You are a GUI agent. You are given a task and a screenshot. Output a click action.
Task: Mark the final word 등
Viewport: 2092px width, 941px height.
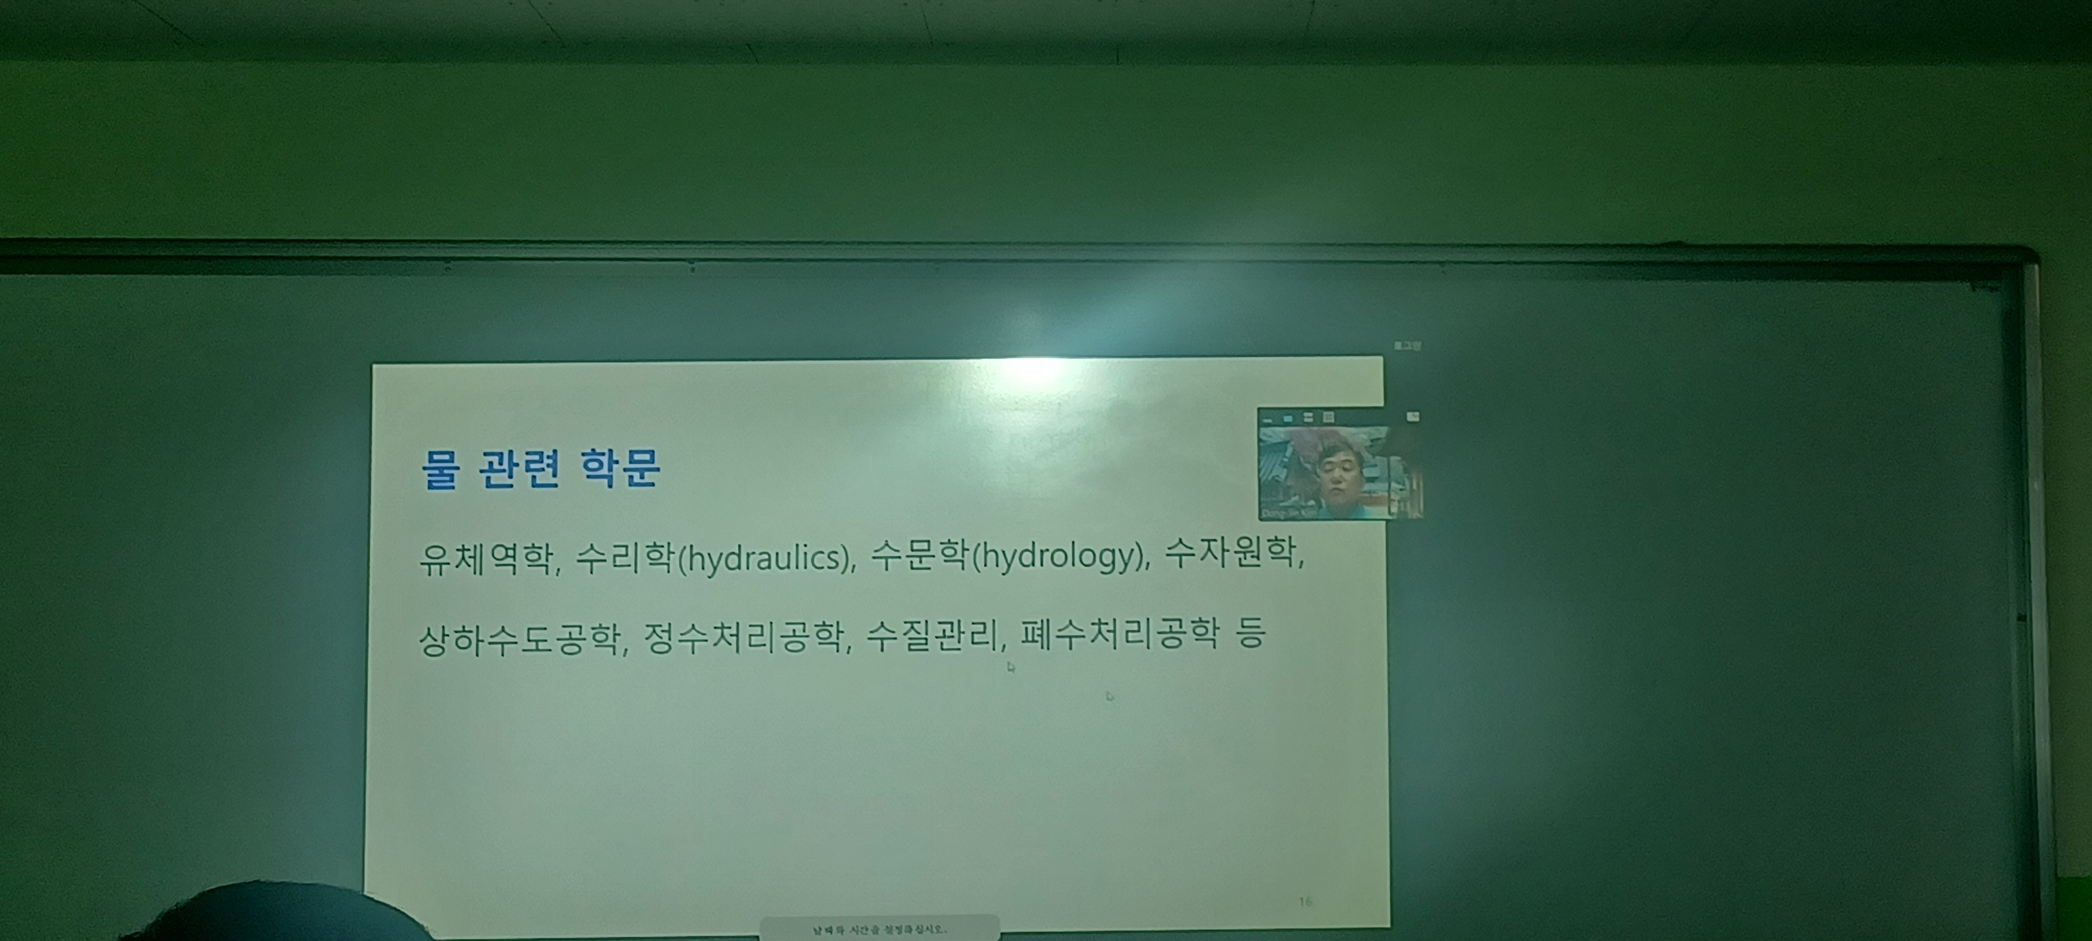1250,633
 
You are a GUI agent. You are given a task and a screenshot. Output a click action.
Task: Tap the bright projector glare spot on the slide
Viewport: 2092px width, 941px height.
1036,372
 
